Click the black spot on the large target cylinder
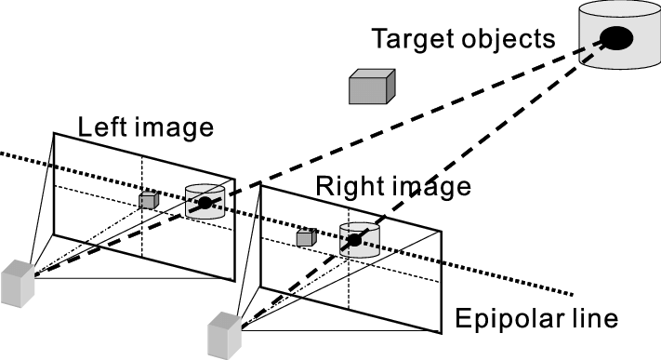pyautogui.click(x=615, y=37)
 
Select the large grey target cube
pyautogui.click(x=372, y=87)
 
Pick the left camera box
pyautogui.click(x=18, y=284)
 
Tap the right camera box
pyautogui.click(x=226, y=335)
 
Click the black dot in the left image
pyautogui.click(x=204, y=202)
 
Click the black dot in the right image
pyautogui.click(x=354, y=241)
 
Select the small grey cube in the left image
pyautogui.click(x=148, y=200)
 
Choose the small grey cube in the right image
pyautogui.click(x=303, y=238)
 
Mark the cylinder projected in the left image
pyautogui.click(x=204, y=203)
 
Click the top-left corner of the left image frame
pyautogui.click(x=54, y=134)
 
